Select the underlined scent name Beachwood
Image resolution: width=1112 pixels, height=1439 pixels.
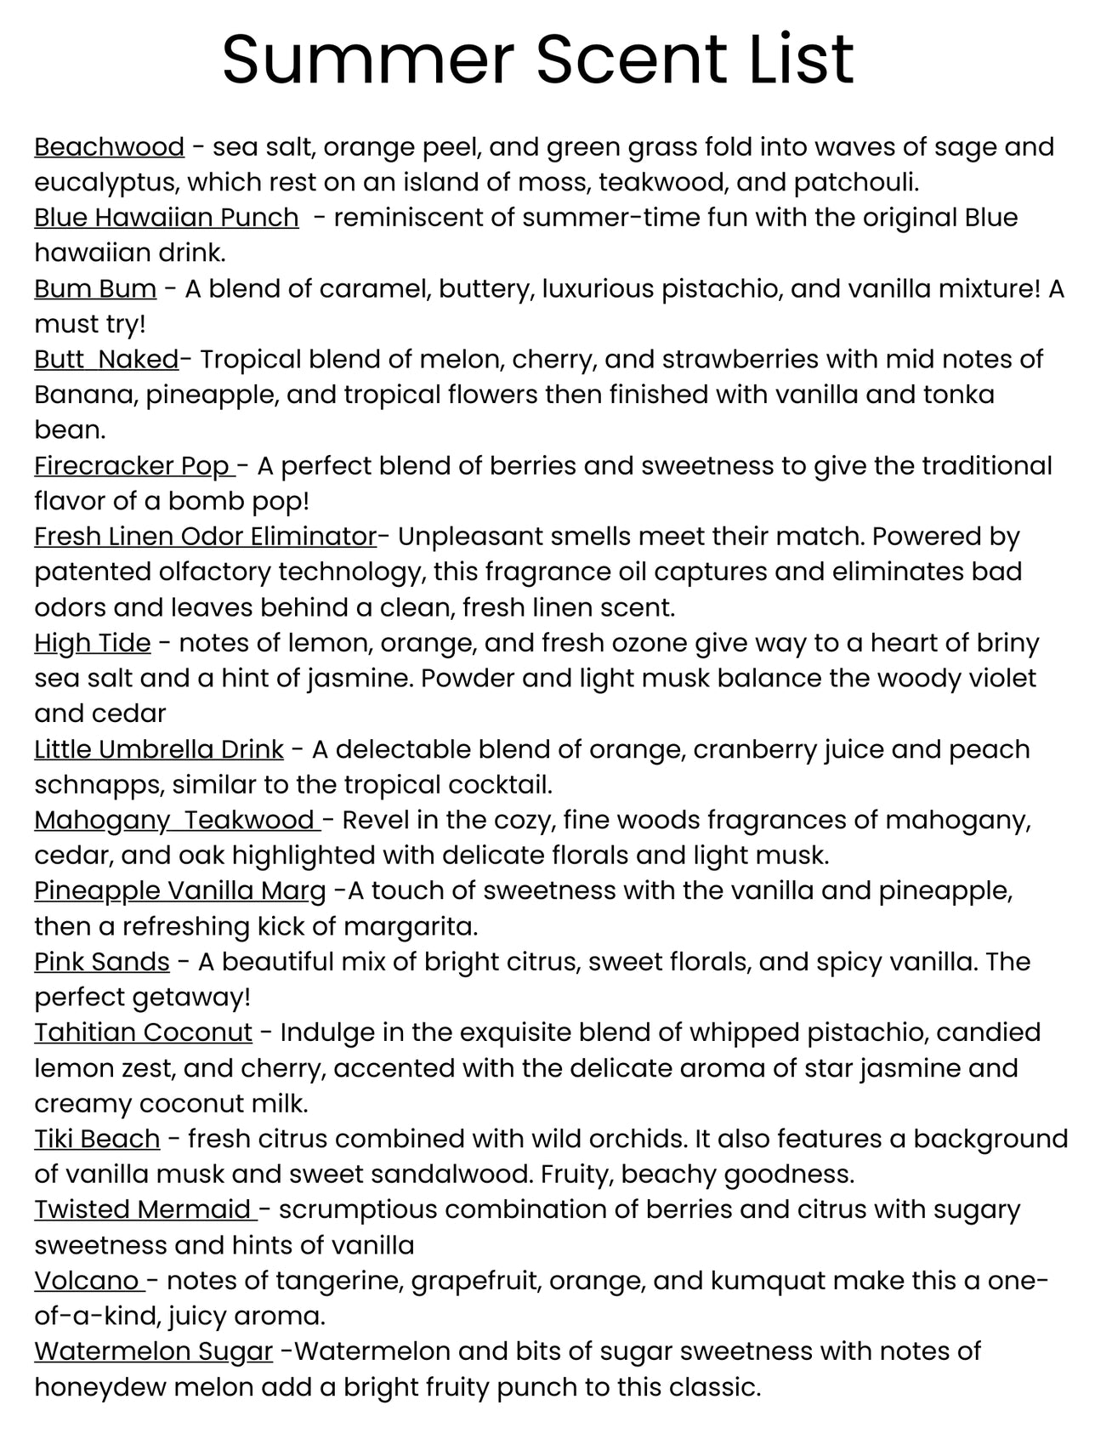(109, 147)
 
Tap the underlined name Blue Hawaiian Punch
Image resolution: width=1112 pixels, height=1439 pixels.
(166, 218)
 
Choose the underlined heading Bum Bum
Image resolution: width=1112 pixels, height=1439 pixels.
(95, 289)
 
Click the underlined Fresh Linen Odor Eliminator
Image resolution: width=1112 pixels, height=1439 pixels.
(205, 537)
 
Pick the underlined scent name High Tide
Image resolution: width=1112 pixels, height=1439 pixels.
(92, 643)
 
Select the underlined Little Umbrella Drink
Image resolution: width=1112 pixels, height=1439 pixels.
(158, 749)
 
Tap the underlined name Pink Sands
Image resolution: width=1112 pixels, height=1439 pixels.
(102, 962)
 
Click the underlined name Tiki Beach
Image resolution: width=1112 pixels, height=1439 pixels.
(97, 1139)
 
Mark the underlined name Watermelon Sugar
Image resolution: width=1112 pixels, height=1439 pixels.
(153, 1351)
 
